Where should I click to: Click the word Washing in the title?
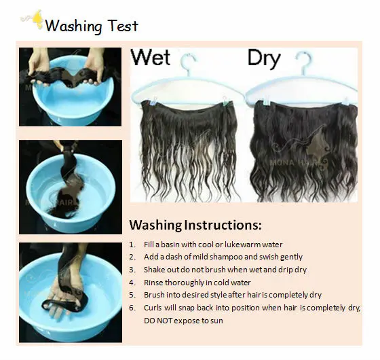click(73, 26)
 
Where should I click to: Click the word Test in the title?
click(123, 26)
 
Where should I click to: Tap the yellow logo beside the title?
click(37, 20)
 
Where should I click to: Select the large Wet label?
click(151, 57)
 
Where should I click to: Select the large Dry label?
click(264, 58)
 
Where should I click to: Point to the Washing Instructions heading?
click(195, 225)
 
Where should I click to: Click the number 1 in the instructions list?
click(132, 245)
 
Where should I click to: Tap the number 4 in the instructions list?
click(132, 283)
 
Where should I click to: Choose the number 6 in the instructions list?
click(132, 308)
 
